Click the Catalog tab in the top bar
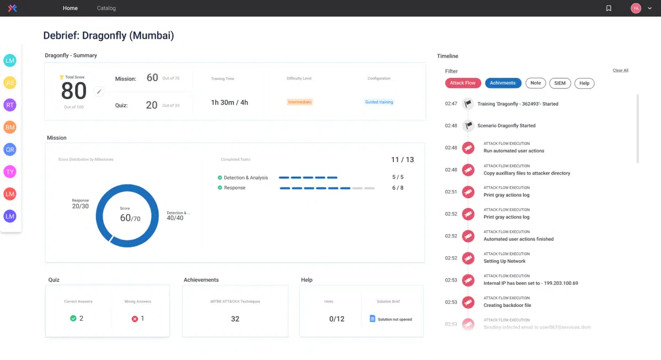[106, 8]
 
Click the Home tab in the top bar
[70, 8]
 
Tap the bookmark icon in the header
[609, 8]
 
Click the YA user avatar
[636, 8]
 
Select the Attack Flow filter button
[462, 83]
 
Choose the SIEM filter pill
[559, 83]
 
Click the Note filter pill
[535, 83]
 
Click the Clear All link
[620, 71]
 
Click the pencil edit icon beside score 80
[99, 92]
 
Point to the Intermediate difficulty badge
[300, 102]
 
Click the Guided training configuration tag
[379, 102]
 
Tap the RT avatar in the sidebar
[10, 105]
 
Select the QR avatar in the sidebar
[10, 150]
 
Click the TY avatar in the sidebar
[10, 172]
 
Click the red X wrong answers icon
[135, 319]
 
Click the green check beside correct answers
[73, 319]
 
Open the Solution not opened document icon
[372, 319]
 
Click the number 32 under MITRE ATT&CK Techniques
[235, 319]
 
